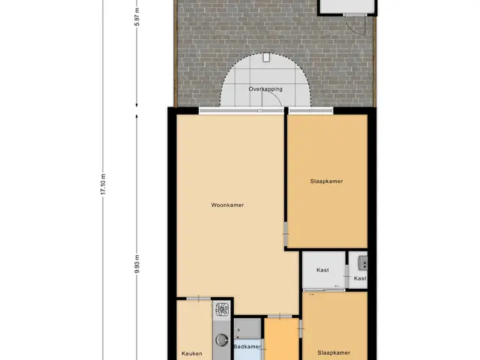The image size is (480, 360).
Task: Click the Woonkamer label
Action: pos(227,205)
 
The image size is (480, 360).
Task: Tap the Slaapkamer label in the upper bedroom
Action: pos(326,181)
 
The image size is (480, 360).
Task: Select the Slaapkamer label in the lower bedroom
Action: pos(334,353)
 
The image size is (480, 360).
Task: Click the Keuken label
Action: pos(192,353)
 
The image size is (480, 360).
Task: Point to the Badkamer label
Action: pos(247,346)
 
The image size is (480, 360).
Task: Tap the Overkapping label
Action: pos(265,89)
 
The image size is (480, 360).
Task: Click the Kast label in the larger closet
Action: pos(322,270)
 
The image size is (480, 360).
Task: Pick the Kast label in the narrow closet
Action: pos(360,278)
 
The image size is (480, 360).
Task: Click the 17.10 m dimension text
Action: pos(103,184)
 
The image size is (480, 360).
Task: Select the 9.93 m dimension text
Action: pos(137,264)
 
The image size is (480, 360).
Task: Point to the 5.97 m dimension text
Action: pos(137,16)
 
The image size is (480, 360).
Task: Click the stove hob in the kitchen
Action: pos(222,310)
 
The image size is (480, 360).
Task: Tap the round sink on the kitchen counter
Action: pos(222,340)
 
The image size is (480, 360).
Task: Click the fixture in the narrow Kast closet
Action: pos(363,263)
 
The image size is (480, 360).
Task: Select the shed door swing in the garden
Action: pos(355,25)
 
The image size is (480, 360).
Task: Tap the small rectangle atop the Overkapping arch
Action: pos(266,58)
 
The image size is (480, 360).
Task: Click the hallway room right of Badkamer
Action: pos(281,339)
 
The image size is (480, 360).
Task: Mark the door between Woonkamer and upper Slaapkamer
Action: pos(286,234)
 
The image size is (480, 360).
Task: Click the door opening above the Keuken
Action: pos(199,298)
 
